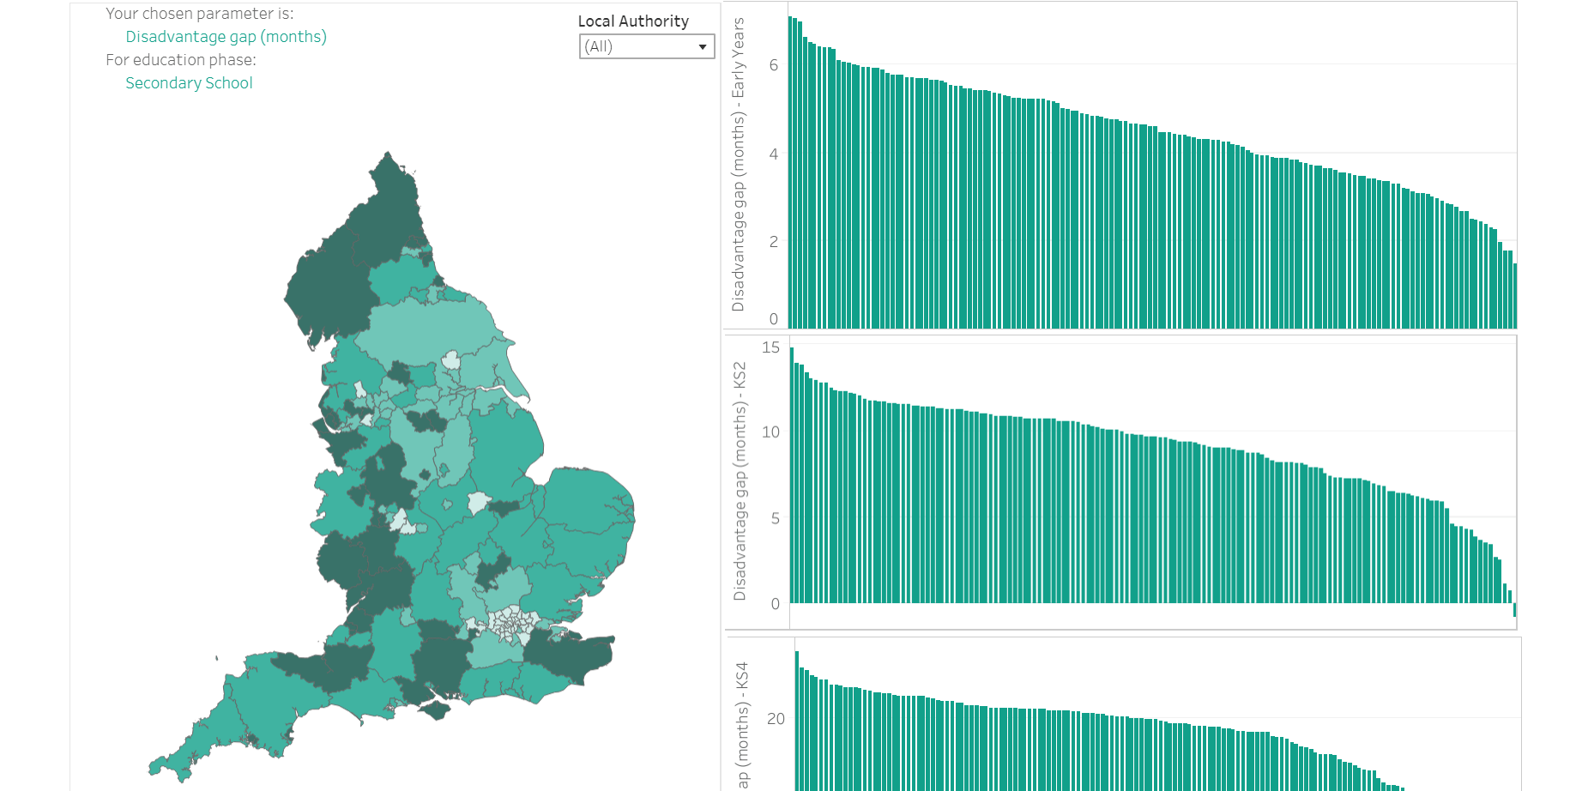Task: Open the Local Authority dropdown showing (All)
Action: (639, 46)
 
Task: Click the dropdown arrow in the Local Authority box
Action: (703, 46)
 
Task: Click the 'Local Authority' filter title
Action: (633, 21)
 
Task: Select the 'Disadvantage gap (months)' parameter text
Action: (226, 37)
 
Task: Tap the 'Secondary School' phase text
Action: (189, 83)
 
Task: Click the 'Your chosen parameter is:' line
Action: (199, 14)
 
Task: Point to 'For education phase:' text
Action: (181, 60)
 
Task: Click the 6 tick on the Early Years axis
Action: (774, 65)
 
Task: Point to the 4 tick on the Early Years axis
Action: (774, 154)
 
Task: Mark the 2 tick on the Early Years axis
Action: (774, 242)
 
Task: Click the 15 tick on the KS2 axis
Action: (770, 347)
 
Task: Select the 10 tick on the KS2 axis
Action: (770, 432)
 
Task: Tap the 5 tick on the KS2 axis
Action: (775, 518)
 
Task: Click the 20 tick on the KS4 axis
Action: (776, 719)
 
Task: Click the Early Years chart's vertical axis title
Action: (739, 165)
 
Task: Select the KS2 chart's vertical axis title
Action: (740, 481)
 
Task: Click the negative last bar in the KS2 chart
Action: (1515, 610)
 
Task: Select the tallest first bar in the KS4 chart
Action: (797, 721)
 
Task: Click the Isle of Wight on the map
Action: (435, 710)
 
